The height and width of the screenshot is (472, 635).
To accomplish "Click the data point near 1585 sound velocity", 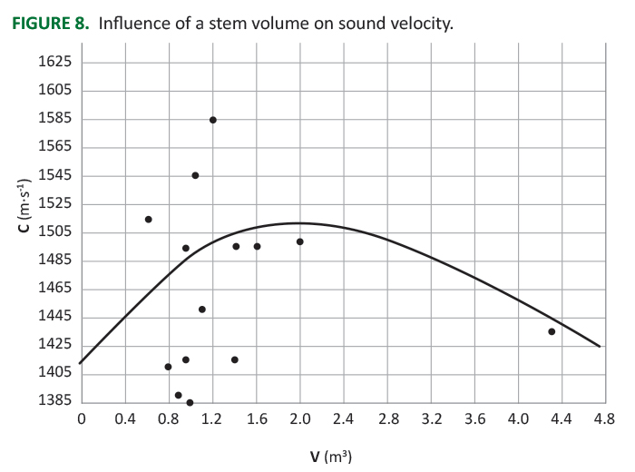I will pos(212,120).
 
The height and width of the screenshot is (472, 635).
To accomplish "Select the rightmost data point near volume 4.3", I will pos(552,331).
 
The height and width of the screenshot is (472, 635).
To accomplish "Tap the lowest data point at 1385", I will pos(190,402).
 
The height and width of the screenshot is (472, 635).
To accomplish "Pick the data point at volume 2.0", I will pos(299,241).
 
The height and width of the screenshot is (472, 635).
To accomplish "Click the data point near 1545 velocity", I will pos(195,175).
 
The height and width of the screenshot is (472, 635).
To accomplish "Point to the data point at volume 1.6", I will pos(257,246).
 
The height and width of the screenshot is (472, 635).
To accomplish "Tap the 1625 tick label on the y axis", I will pos(54,62).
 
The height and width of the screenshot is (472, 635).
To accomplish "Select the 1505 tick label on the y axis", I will pos(54,232).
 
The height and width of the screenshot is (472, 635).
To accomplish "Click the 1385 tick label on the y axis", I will pos(54,401).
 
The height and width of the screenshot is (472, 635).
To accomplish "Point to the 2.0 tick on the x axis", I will pos(299,419).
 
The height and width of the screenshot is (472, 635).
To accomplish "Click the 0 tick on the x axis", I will pos(81,419).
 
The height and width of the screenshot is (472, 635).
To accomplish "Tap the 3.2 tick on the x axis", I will pos(431,419).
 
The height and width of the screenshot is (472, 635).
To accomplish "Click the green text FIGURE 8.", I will pos(50,23).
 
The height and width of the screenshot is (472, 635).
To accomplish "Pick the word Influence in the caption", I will pos(133,23).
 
